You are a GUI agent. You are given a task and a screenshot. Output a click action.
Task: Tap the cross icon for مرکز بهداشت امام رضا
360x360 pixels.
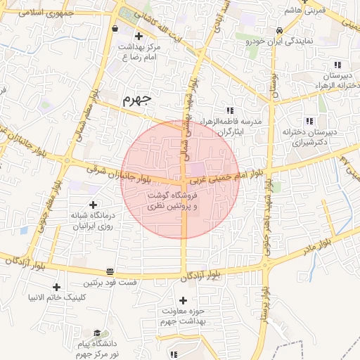tap(138, 36)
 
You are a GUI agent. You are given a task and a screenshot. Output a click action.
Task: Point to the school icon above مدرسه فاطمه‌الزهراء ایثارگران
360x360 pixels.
tap(230, 110)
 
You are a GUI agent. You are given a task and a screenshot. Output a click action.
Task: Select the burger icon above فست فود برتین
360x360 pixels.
tap(110, 272)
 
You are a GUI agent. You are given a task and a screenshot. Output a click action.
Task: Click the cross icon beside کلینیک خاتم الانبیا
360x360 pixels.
tap(57, 286)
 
